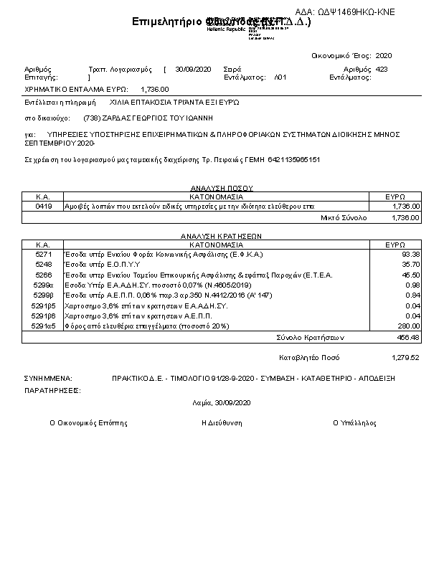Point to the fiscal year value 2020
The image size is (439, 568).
tap(384, 55)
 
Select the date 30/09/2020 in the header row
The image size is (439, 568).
tap(193, 69)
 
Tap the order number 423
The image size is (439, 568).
tap(382, 69)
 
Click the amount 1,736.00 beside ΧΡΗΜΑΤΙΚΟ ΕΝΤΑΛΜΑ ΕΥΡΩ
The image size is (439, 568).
tap(155, 89)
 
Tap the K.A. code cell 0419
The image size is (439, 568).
tap(43, 206)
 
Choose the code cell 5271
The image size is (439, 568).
tap(43, 254)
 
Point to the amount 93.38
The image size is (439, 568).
tap(411, 254)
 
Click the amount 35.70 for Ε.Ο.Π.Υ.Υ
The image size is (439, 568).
tap(411, 264)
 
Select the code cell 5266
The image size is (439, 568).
tap(43, 274)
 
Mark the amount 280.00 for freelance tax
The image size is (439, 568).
tap(409, 325)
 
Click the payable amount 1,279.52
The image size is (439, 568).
tap(406, 356)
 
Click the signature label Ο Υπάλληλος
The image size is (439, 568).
tap(354, 423)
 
